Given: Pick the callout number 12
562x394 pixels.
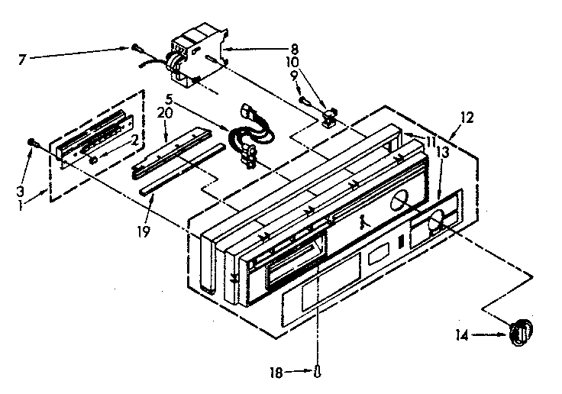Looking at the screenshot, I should pos(468,118).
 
